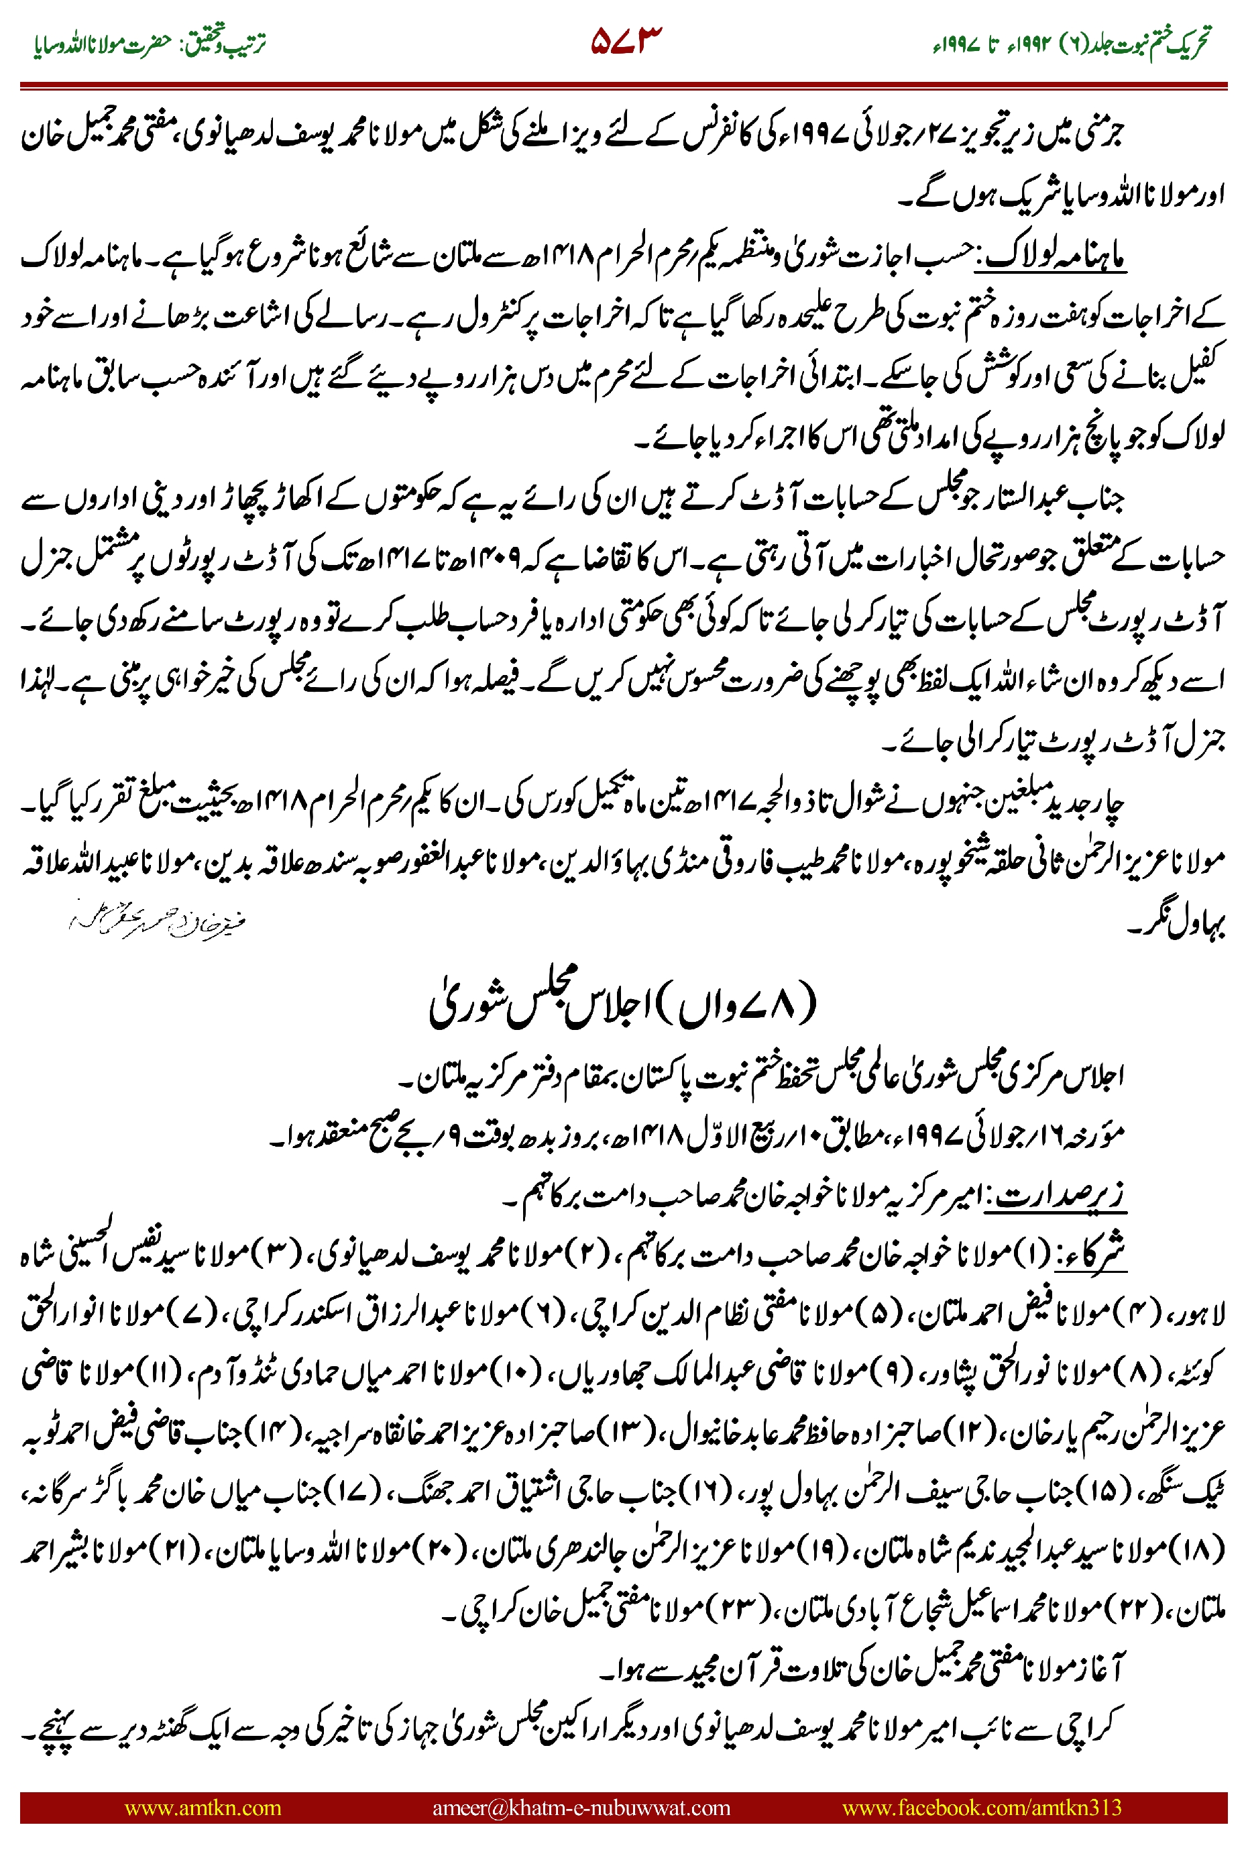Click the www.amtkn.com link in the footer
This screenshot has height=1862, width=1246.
coord(203,1807)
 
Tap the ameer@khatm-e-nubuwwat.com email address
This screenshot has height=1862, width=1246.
coord(581,1807)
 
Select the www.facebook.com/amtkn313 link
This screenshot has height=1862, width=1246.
coord(981,1807)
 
